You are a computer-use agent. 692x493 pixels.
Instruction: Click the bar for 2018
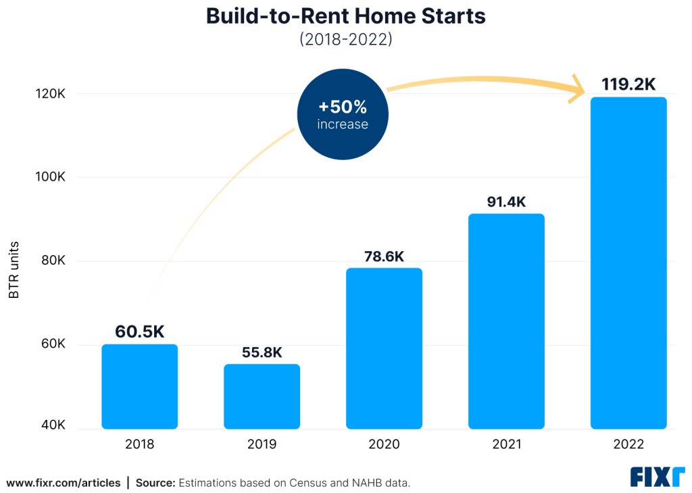[139, 386]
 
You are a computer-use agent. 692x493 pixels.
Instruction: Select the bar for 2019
[262, 396]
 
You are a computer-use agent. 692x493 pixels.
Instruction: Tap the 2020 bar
[384, 348]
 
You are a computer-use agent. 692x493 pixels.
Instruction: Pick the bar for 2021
[506, 321]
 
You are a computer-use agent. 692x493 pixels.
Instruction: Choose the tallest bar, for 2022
[628, 263]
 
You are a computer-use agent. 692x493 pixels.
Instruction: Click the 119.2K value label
[628, 84]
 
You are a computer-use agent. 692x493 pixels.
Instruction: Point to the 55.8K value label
[262, 353]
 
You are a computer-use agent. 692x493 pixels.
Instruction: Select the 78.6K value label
[384, 257]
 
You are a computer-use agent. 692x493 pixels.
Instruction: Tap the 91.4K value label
[506, 202]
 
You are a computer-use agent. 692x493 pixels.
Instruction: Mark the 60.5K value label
[139, 332]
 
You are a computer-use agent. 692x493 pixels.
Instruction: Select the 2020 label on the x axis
[384, 444]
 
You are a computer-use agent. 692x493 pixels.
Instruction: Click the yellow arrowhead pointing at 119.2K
[576, 89]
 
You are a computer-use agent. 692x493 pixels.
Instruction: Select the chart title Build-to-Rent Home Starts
[346, 16]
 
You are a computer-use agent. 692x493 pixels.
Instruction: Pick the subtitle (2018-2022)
[346, 39]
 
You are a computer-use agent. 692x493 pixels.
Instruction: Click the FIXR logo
[657, 477]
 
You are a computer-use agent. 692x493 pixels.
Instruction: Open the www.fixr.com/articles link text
[64, 483]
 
